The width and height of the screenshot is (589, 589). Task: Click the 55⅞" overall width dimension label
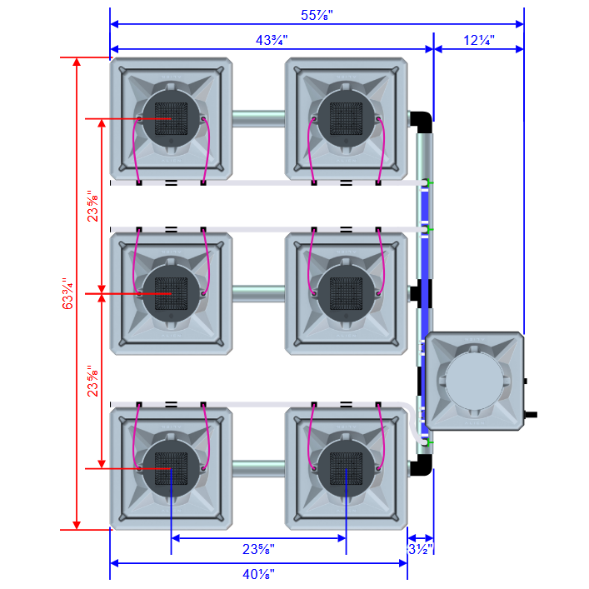[317, 14]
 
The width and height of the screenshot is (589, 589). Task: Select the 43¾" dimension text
[271, 39]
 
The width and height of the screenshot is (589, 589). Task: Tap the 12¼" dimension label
[478, 39]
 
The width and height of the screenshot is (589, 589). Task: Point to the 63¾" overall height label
[68, 293]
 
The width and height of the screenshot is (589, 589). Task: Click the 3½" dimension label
[420, 549]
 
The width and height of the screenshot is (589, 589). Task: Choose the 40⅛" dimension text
[258, 574]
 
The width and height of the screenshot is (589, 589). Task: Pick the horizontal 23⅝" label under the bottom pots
[258, 549]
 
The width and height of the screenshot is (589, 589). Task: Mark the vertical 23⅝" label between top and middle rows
[93, 206]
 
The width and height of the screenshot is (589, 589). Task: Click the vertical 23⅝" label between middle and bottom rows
[93, 380]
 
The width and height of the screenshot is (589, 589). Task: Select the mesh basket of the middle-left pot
[171, 292]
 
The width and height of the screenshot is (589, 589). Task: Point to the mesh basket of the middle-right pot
[345, 292]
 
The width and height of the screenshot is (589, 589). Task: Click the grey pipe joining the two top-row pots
[258, 119]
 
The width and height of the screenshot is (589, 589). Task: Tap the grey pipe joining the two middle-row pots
[258, 293]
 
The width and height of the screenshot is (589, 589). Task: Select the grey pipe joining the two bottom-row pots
[258, 468]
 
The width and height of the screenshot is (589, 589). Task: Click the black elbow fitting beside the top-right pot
[422, 121]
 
